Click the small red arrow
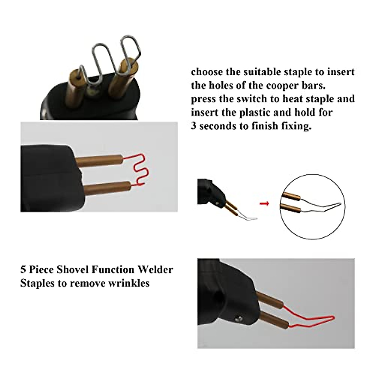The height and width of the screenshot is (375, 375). tap(264, 204)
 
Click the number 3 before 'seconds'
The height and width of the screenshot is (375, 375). tap(193, 126)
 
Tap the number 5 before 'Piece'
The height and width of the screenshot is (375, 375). tap(23, 269)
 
